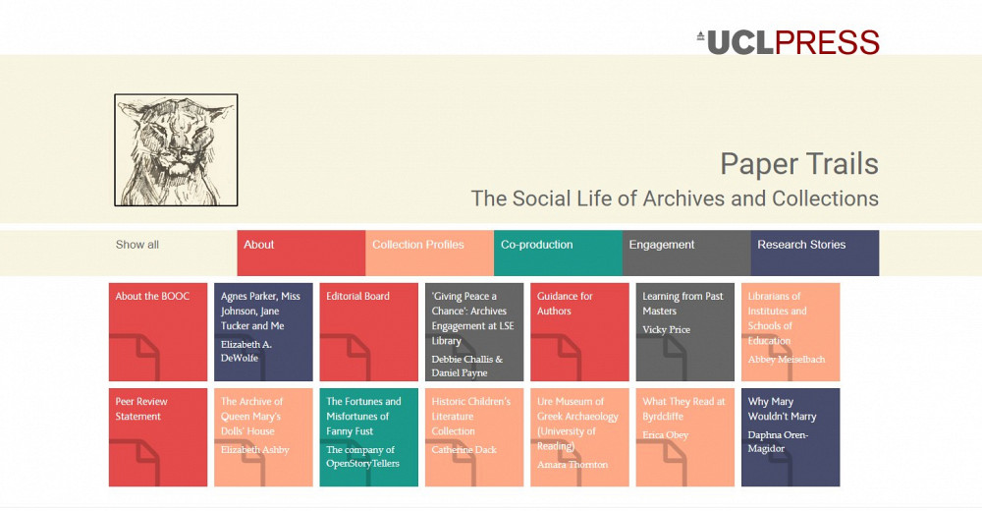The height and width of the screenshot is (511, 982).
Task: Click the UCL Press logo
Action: click(788, 42)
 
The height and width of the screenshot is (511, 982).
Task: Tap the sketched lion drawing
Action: click(176, 149)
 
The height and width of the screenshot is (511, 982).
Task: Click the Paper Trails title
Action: click(799, 164)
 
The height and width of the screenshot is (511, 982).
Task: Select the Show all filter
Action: click(137, 245)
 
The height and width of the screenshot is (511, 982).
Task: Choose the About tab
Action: click(301, 253)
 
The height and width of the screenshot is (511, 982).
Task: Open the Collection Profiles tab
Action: click(430, 253)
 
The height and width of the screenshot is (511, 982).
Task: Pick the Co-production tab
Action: click(558, 253)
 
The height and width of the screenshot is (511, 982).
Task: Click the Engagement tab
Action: click(686, 253)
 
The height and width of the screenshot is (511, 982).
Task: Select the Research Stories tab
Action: click(815, 253)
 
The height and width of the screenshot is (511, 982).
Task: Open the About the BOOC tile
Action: click(158, 332)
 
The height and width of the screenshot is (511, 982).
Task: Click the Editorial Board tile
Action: click(369, 332)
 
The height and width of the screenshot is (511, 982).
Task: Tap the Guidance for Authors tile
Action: click(579, 332)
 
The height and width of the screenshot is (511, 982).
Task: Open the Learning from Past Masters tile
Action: click(685, 332)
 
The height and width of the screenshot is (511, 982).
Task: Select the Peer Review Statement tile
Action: click(158, 437)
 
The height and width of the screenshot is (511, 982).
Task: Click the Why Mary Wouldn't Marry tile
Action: click(791, 437)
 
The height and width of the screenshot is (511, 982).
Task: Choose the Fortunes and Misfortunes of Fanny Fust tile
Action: click(369, 437)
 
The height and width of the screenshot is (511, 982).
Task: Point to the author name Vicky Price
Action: click(667, 330)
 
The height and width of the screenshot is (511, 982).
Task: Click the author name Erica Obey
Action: click(665, 435)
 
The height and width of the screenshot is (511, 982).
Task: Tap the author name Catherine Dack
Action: click(464, 449)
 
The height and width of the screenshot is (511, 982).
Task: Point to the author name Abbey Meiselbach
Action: click(786, 360)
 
